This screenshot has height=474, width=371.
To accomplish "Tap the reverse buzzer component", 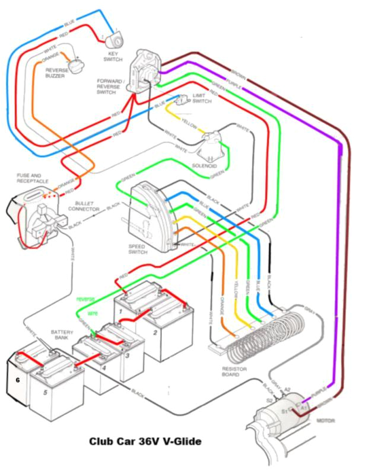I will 75,65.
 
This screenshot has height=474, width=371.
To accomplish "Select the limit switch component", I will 183,99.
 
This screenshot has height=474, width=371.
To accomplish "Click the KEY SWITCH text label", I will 113,56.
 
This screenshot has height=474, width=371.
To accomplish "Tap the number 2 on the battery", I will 155,332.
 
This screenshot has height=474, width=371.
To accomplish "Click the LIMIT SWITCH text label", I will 202,98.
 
